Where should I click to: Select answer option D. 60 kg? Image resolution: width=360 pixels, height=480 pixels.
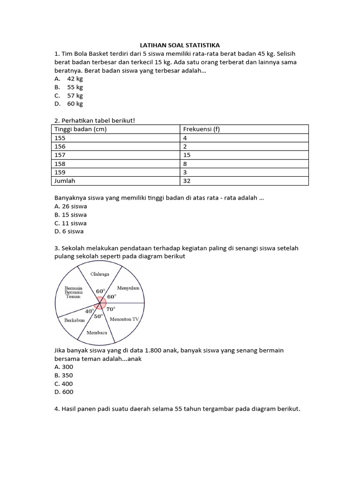click(x=69, y=104)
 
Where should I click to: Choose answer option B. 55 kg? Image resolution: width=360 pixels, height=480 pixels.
click(x=69, y=87)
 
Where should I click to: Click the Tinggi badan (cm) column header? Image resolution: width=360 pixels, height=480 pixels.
click(x=81, y=129)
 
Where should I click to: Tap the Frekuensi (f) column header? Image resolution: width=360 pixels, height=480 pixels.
click(x=201, y=129)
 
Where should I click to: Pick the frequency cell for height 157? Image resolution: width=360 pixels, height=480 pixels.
click(x=187, y=155)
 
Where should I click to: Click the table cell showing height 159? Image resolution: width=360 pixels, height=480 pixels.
click(x=61, y=172)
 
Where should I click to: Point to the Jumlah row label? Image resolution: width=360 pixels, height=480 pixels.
click(x=65, y=180)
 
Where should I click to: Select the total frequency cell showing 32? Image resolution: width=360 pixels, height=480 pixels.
click(x=187, y=180)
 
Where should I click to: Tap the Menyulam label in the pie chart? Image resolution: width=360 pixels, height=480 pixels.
click(x=128, y=288)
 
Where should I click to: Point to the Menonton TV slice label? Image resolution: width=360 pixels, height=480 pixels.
click(x=124, y=319)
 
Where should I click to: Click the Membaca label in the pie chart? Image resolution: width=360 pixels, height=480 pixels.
click(x=97, y=333)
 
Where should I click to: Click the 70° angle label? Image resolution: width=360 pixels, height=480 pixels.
click(x=111, y=309)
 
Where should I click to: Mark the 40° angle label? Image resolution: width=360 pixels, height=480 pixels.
click(x=90, y=311)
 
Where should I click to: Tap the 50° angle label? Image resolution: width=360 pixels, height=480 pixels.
click(x=98, y=316)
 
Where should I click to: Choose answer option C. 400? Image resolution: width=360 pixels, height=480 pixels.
click(x=64, y=383)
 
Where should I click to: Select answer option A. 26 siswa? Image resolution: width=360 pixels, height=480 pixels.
click(x=71, y=206)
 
